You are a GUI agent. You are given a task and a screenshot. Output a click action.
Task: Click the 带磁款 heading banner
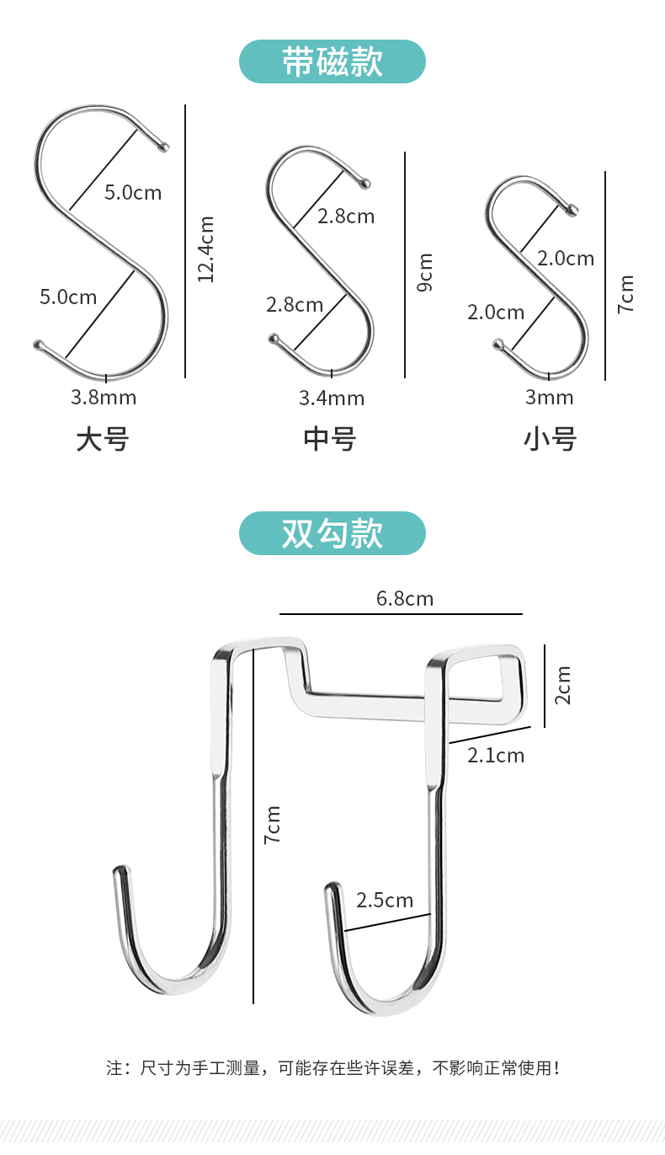pos(332,61)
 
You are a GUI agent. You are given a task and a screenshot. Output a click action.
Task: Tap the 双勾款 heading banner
pos(332,533)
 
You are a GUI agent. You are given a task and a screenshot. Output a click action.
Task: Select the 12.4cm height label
pos(205,249)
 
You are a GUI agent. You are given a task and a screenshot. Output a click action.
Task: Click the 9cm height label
pos(425,273)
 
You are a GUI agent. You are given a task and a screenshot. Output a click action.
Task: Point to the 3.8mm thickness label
pos(104,398)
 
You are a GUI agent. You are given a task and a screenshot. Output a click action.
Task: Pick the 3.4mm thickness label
pos(332,398)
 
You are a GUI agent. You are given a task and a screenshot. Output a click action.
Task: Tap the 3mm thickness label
pos(549,398)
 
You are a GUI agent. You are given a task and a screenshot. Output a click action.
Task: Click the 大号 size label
pos(103,439)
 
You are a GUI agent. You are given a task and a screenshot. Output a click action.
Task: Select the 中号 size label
pos(330,439)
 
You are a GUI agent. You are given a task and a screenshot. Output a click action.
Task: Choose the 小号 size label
pos(551,439)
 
